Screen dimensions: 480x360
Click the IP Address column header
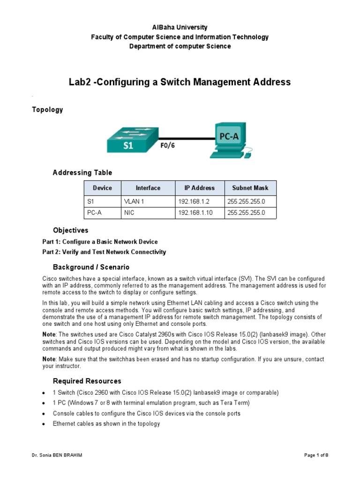[199, 188]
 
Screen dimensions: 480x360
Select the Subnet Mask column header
[250, 188]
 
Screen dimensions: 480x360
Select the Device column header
[102, 188]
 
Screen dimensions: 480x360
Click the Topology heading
[47, 110]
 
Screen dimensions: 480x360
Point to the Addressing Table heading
[82, 173]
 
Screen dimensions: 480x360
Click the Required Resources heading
[87, 381]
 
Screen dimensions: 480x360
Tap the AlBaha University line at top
[180, 28]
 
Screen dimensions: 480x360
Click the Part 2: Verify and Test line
[104, 252]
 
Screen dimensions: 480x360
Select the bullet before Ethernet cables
[43, 424]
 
